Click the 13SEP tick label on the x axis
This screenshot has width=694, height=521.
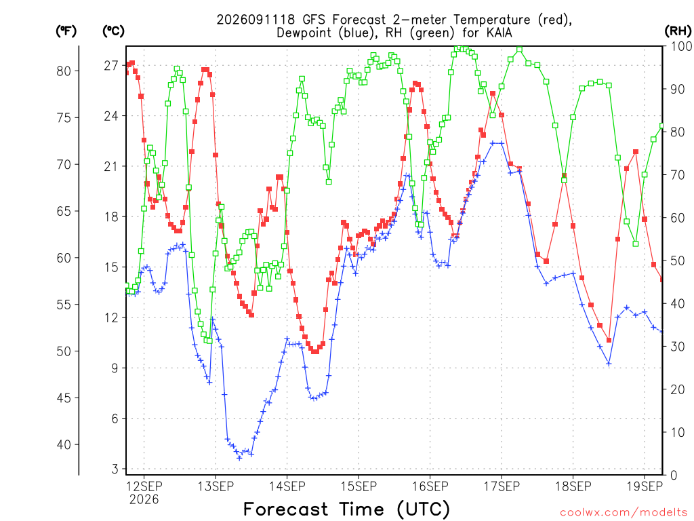point(216,486)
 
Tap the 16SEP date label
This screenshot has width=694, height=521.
point(430,486)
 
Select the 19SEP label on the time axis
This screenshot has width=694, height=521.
point(645,486)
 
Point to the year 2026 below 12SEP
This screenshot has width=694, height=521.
point(144,500)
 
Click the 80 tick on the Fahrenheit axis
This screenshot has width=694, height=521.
point(64,71)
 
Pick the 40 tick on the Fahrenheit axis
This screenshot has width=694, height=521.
point(64,444)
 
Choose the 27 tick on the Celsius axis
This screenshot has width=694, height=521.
point(111,66)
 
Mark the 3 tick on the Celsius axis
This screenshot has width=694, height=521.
point(115,469)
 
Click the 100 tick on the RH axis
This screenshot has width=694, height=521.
point(681,46)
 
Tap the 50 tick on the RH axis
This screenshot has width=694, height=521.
point(678,260)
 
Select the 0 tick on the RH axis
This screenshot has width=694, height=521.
point(674,476)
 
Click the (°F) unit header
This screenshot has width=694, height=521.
point(66,31)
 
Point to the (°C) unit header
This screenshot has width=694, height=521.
point(113,31)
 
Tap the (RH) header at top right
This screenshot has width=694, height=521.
point(678,31)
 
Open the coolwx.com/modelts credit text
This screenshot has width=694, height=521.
point(624,513)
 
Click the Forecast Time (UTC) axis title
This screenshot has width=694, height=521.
point(346,509)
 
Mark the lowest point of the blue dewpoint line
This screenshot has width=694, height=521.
point(239,458)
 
